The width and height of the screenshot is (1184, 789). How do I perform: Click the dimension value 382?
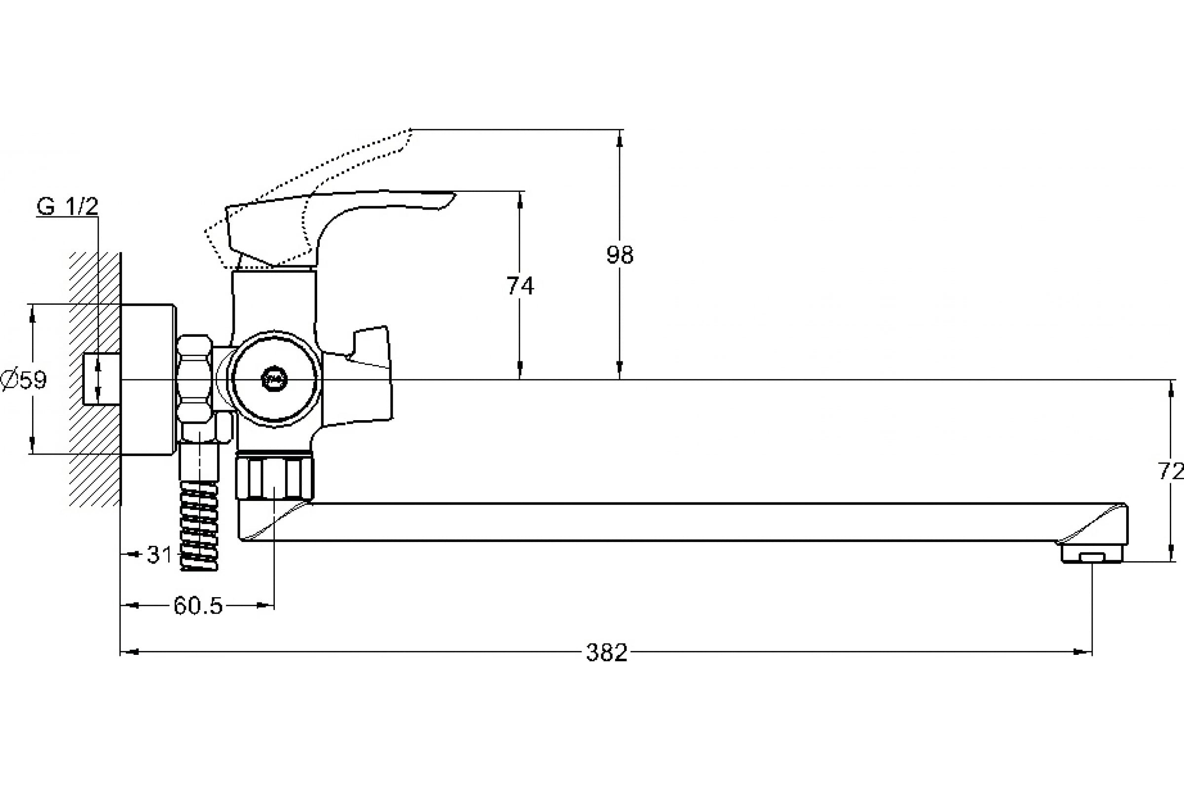click(607, 652)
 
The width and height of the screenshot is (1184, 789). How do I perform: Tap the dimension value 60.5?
click(198, 606)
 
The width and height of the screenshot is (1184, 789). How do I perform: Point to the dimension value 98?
click(620, 254)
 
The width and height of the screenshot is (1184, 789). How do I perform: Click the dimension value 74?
click(520, 286)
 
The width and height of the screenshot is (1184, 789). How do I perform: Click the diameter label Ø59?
click(24, 379)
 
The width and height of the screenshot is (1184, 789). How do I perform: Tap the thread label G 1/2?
click(68, 207)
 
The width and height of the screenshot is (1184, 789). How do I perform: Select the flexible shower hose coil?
click(199, 525)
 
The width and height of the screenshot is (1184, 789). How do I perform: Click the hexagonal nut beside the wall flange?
click(195, 379)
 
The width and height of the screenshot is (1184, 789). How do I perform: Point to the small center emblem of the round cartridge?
click(275, 379)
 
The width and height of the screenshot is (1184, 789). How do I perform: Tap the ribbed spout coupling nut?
click(274, 475)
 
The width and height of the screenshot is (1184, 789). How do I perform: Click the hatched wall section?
click(95, 379)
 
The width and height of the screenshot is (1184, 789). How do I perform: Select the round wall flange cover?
click(148, 379)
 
